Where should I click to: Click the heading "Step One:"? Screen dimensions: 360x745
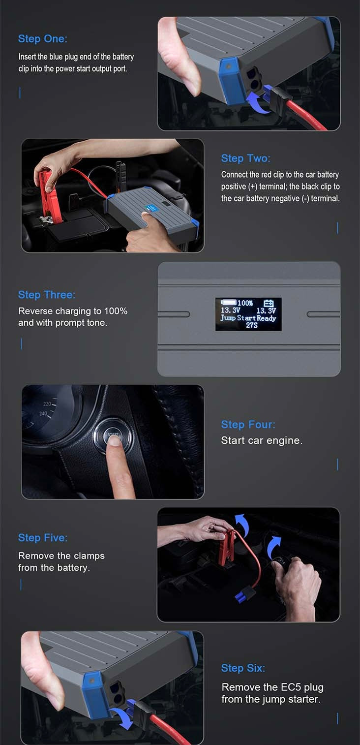click(x=43, y=39)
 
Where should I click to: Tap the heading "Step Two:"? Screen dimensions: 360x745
click(x=245, y=158)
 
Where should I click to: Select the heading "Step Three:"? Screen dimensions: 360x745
click(x=47, y=295)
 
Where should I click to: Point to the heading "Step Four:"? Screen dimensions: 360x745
click(x=248, y=424)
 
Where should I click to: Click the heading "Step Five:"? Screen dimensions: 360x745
click(x=43, y=537)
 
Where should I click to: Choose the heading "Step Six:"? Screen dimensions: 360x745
click(x=243, y=668)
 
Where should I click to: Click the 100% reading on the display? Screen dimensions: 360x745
click(x=245, y=303)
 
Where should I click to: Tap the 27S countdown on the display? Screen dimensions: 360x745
click(x=252, y=325)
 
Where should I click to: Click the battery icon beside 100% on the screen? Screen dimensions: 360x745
click(x=229, y=302)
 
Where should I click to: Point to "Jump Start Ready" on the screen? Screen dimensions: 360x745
click(x=248, y=318)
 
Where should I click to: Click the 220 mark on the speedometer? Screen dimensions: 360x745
click(x=47, y=404)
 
